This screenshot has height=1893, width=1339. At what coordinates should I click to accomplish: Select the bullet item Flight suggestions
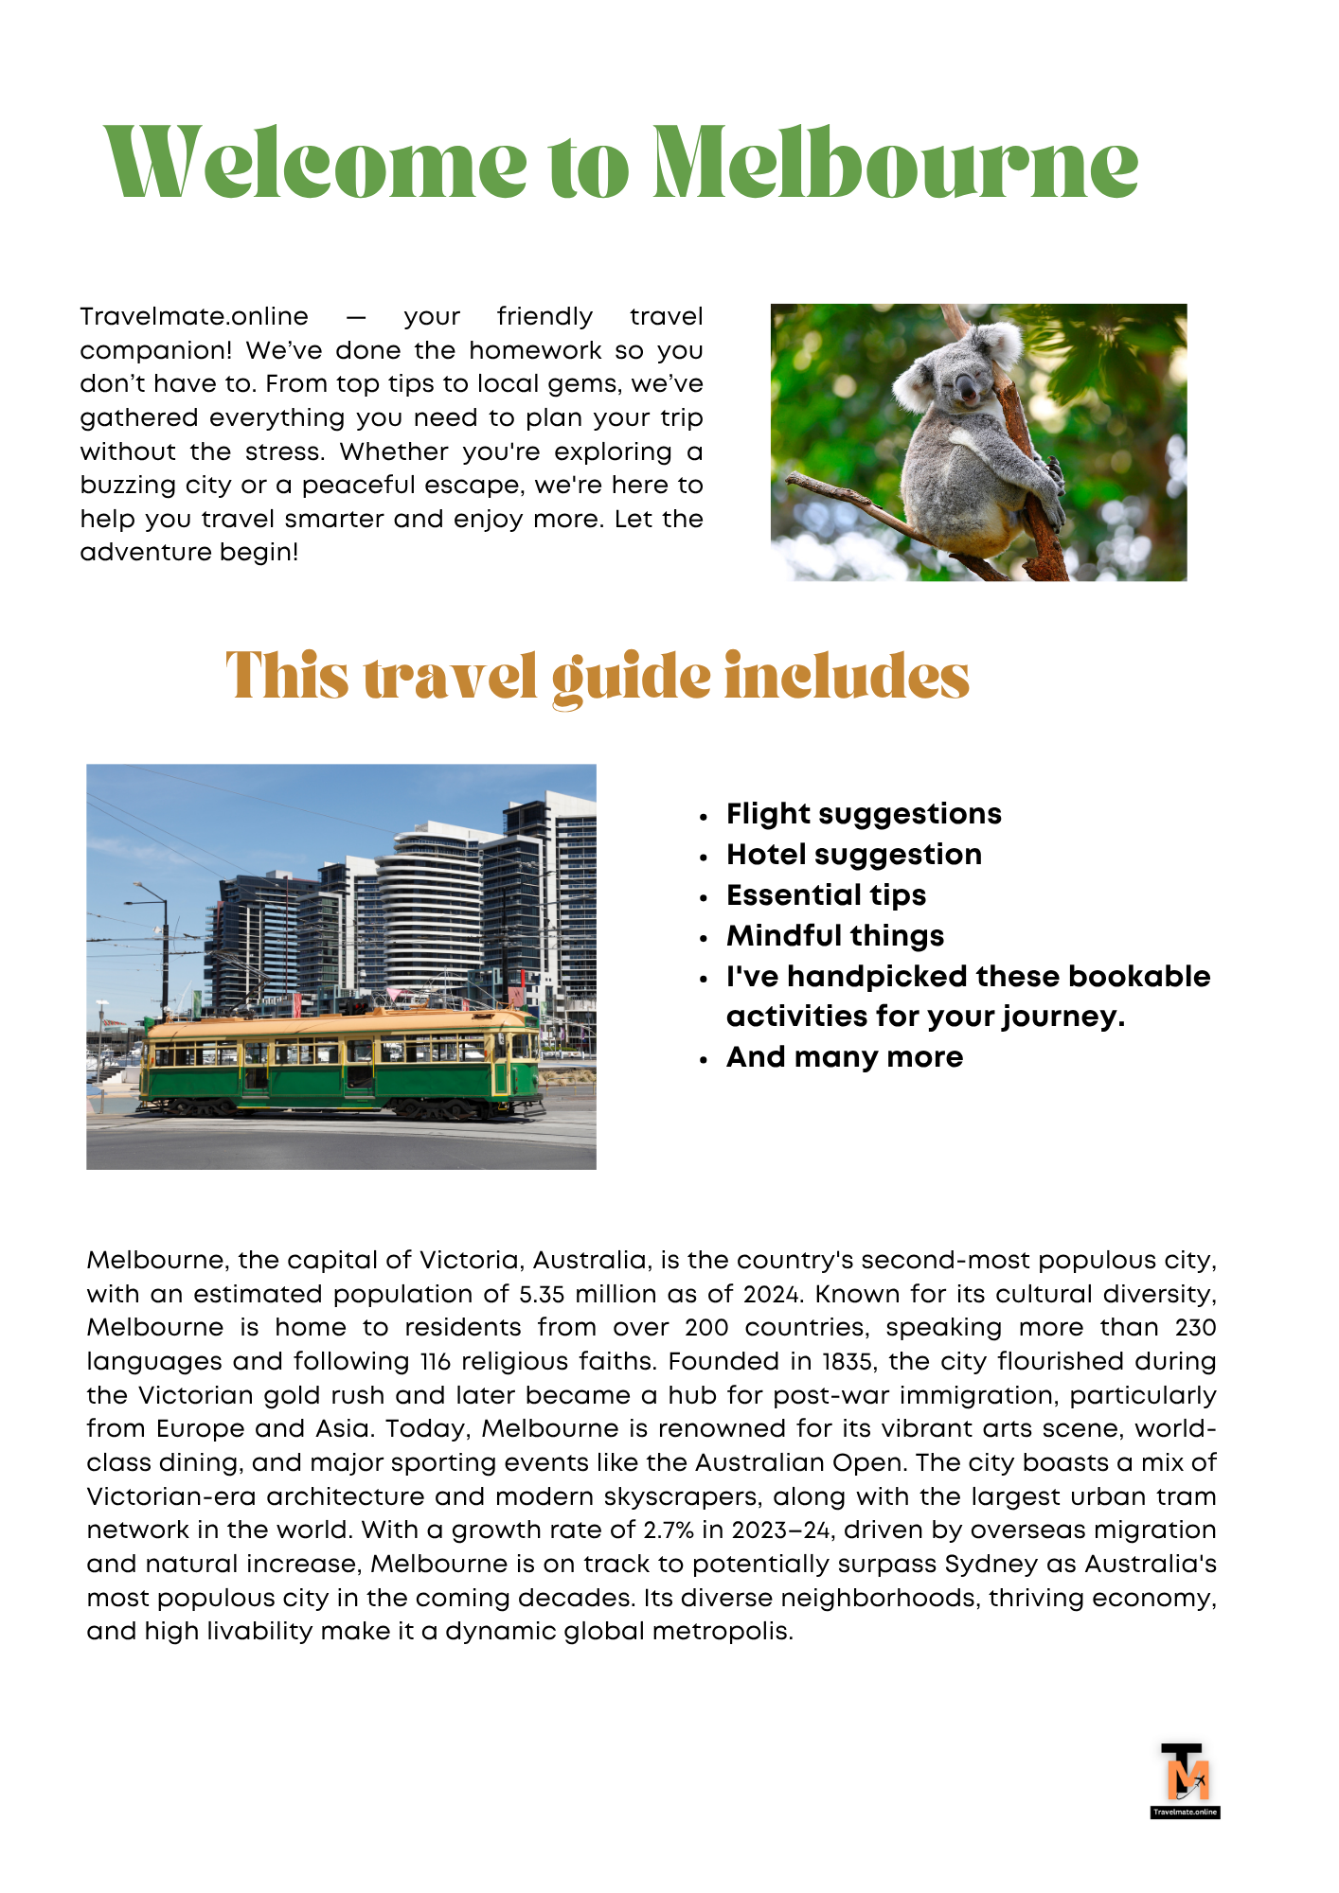(864, 814)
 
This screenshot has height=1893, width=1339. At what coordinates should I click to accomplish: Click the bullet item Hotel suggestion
(853, 855)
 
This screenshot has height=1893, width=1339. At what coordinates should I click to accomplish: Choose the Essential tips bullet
(826, 895)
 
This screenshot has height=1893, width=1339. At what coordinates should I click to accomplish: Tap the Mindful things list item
(834, 936)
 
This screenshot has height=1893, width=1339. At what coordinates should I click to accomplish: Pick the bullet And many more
(844, 1057)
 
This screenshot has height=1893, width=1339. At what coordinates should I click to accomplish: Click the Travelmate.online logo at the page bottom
(1185, 1780)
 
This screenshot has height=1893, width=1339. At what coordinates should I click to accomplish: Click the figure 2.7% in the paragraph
(669, 1530)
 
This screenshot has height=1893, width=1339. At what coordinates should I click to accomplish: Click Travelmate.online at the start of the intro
(194, 317)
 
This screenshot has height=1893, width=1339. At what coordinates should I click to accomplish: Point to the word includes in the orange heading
(847, 678)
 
